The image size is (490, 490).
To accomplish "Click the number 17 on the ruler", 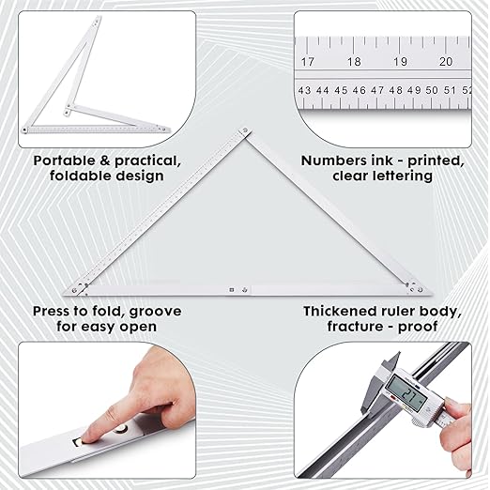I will pyautogui.click(x=307, y=61).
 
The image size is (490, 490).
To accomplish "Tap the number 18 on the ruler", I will pyautogui.click(x=354, y=61).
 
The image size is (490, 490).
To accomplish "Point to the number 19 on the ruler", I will pyautogui.click(x=400, y=61).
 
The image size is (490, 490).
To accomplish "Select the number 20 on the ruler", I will pyautogui.click(x=446, y=61).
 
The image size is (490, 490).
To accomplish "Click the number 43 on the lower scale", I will pyautogui.click(x=304, y=91).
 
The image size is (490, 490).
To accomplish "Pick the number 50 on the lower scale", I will pyautogui.click(x=432, y=91).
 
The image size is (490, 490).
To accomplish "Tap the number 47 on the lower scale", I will pyautogui.click(x=377, y=91).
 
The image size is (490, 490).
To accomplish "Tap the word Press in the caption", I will pyautogui.click(x=54, y=311).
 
